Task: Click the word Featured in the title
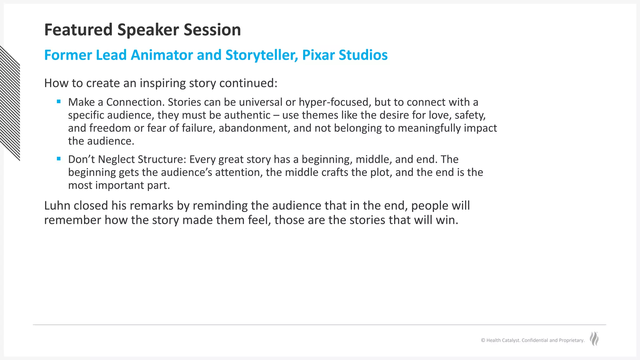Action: point(78,30)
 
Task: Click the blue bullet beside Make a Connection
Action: point(59,101)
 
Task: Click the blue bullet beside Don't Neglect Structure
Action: point(59,158)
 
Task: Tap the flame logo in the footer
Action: point(594,339)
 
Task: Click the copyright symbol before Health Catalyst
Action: point(483,340)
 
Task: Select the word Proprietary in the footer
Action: point(571,340)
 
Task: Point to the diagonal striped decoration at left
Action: point(10,103)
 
